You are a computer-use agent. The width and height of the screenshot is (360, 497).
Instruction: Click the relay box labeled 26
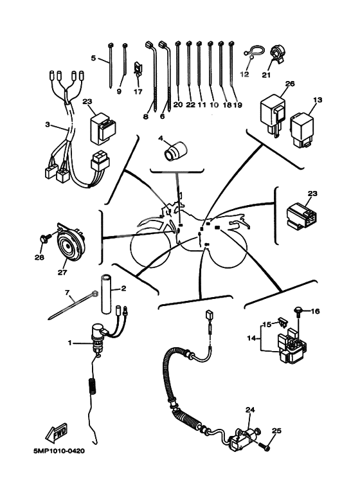tap(272, 113)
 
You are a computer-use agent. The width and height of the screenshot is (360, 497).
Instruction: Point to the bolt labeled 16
tap(298, 312)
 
